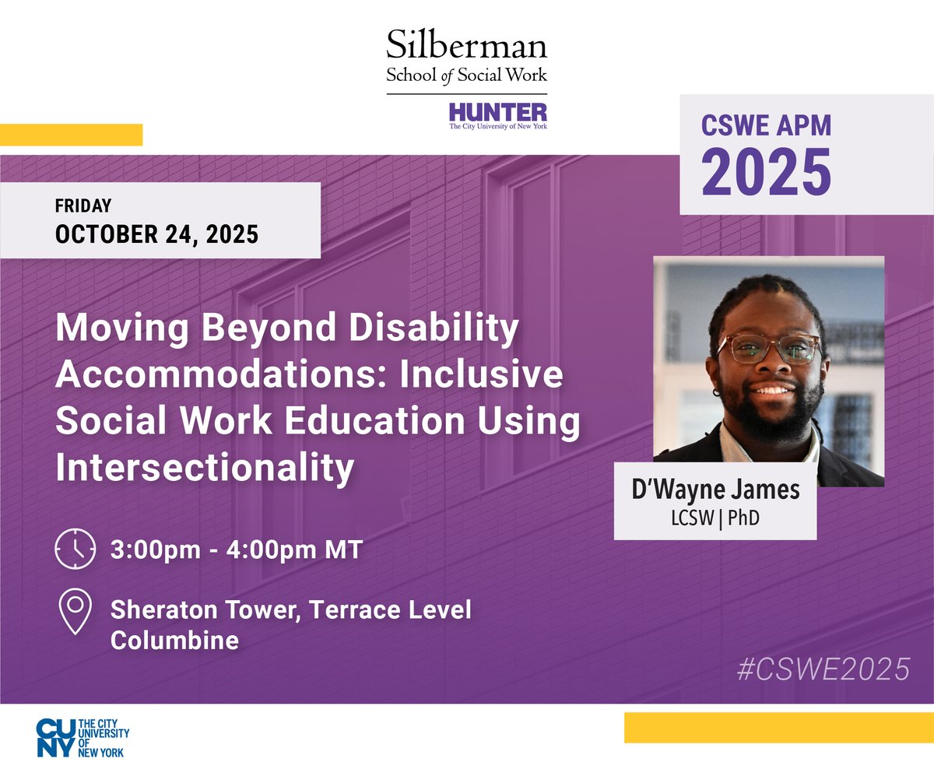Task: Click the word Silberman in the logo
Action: (466, 46)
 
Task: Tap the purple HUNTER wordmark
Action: (498, 111)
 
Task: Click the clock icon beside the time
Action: (75, 550)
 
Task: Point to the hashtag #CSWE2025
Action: (823, 669)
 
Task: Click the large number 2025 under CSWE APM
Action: (767, 172)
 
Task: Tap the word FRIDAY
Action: (83, 206)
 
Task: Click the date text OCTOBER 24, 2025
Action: (156, 233)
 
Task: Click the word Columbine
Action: (174, 640)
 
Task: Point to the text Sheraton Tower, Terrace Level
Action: (290, 609)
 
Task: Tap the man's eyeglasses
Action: (768, 349)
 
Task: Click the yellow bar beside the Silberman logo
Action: (71, 135)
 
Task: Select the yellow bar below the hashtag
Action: (778, 727)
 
